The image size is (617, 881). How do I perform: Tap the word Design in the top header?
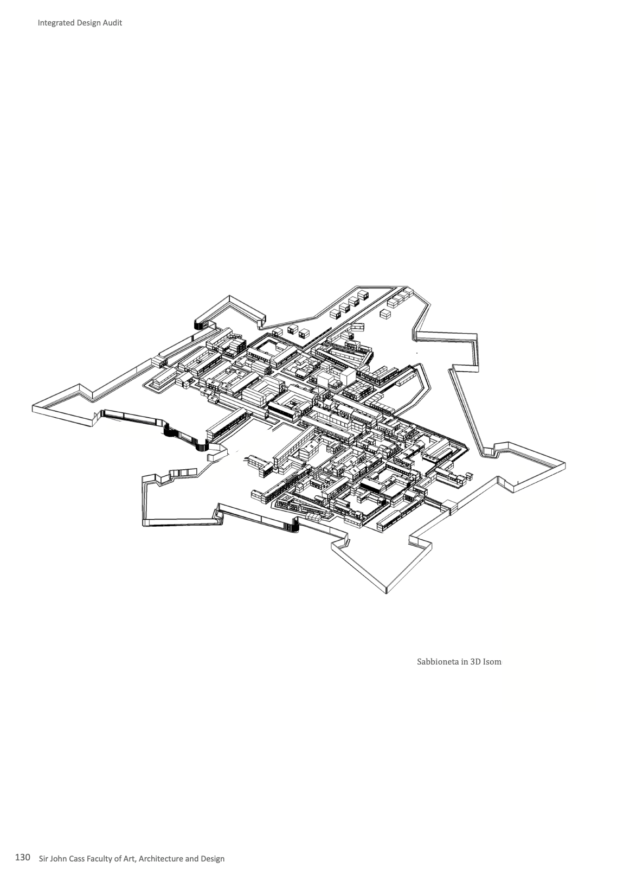87,23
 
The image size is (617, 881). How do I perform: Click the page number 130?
22,858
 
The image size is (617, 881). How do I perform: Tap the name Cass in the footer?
79,858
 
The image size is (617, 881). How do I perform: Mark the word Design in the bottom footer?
213,858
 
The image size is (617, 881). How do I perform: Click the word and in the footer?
192,858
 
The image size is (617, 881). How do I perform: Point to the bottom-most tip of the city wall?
386,593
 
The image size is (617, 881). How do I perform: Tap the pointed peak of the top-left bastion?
229,297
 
